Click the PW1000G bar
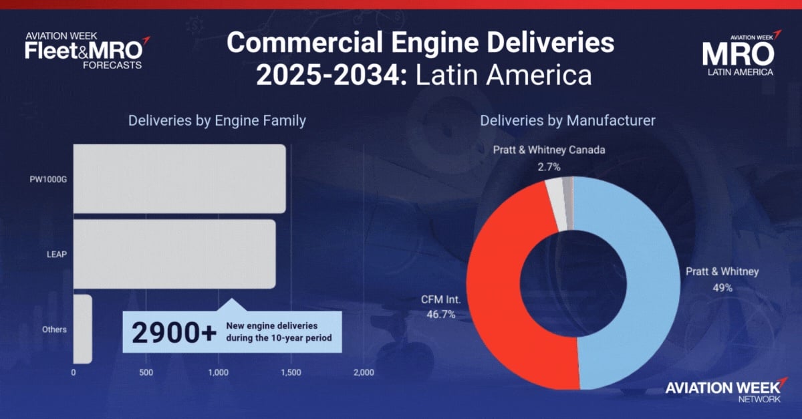pos(179,178)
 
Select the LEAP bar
pos(174,254)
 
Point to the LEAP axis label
pos(56,254)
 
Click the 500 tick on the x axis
pos(146,372)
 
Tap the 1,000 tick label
pos(219,372)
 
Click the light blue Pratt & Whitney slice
pos(642,281)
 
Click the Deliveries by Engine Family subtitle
pos(217,121)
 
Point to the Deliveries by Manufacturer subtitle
pos(567,121)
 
